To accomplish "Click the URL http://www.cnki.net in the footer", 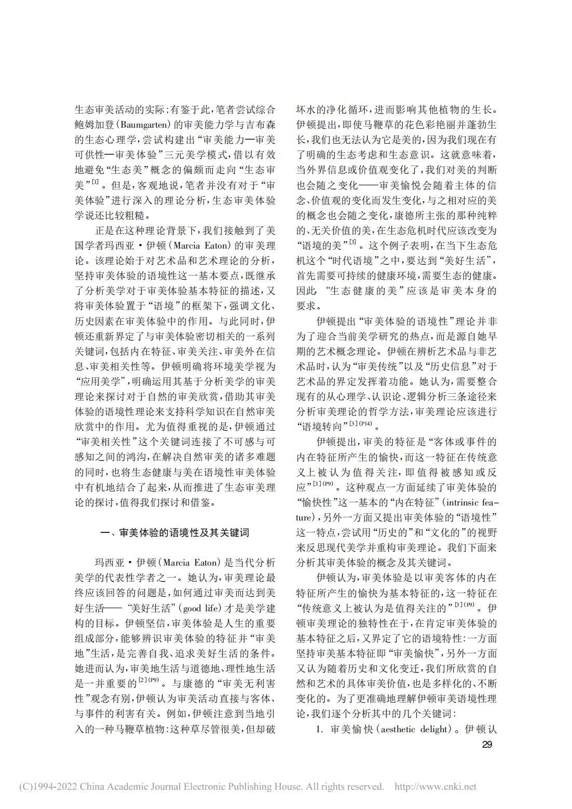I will click(435, 787).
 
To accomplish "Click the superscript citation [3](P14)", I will click(361, 424).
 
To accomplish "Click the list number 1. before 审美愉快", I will click(320, 730).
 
